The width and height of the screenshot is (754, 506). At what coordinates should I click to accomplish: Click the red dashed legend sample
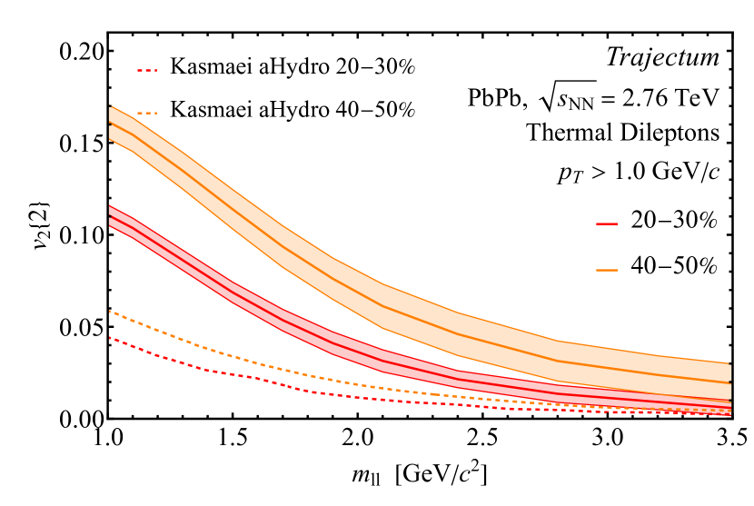pos(147,70)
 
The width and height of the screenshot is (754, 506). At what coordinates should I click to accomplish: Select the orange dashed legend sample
pos(147,113)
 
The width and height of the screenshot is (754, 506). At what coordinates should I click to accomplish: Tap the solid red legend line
pos(607,223)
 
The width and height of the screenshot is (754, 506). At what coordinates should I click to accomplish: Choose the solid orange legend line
pos(607,270)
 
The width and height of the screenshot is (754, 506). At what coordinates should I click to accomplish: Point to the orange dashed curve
pos(273,366)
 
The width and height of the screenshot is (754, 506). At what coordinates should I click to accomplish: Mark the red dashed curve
pos(273,382)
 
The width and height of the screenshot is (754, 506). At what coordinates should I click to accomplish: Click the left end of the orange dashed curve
pos(110,312)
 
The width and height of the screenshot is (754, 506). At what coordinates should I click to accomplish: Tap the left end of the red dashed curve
pos(110,338)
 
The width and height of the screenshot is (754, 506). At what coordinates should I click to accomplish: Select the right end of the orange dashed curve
pos(730,411)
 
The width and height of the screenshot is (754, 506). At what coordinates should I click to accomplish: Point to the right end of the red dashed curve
pos(730,415)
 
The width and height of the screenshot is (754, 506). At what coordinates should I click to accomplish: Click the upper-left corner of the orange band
pos(111,106)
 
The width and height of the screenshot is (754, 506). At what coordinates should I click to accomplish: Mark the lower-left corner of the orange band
pos(111,139)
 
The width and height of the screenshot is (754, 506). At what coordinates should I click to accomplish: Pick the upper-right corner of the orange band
pos(729,363)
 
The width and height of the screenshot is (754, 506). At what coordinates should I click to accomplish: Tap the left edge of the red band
pos(111,215)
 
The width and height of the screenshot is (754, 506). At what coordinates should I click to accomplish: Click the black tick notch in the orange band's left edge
pos(111,124)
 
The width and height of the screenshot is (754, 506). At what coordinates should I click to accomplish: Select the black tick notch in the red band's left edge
pos(111,218)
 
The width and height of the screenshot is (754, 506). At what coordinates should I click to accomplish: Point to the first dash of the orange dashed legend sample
pos(140,113)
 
